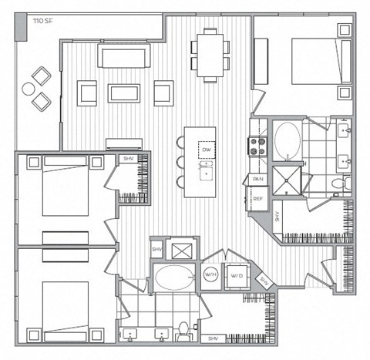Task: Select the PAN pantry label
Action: coord(257,179)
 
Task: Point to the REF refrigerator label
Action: coord(257,198)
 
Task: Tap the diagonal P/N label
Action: coord(265,281)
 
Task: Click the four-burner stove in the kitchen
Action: coord(256,145)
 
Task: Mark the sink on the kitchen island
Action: coord(206,173)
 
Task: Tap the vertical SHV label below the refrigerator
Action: coord(278,219)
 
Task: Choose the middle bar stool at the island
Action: coord(180,162)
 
